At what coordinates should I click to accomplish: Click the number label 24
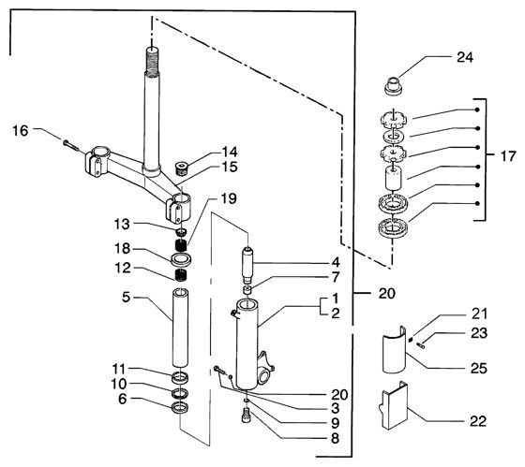click(465, 57)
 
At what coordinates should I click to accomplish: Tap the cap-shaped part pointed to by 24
click(394, 87)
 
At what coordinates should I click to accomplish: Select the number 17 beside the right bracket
click(508, 156)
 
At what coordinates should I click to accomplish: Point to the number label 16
click(20, 131)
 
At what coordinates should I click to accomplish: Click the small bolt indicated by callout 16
click(70, 145)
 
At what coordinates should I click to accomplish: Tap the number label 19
click(229, 198)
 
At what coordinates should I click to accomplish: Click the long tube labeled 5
click(180, 328)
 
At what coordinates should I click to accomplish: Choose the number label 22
click(478, 421)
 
